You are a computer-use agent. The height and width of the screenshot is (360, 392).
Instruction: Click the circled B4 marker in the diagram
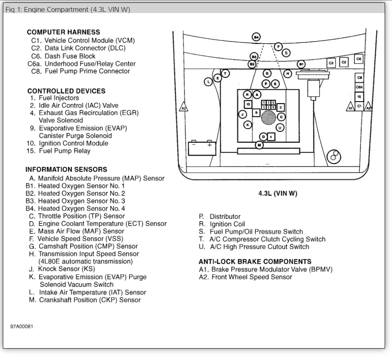256,37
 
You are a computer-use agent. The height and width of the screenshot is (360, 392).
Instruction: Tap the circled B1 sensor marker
301,64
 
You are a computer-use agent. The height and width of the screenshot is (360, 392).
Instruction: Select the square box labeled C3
331,63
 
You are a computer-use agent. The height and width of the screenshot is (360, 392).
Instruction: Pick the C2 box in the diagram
344,62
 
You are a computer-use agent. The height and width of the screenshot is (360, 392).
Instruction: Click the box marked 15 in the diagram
359,97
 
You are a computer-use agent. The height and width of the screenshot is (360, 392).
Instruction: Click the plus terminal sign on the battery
210,144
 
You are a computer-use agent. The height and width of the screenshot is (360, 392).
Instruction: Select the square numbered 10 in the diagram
248,104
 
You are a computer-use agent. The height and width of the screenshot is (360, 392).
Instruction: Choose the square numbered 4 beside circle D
271,136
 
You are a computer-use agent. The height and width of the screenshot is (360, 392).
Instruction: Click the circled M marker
259,145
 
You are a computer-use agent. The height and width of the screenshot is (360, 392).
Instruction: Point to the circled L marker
208,82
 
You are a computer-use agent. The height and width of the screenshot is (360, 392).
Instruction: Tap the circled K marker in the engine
248,124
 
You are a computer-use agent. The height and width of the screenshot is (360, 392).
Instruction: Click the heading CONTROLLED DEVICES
66,91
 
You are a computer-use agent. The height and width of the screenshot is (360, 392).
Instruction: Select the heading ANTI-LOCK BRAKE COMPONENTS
255,262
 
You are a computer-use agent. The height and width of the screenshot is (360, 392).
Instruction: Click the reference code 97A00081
22,327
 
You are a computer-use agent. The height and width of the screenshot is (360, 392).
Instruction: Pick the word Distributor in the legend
225,217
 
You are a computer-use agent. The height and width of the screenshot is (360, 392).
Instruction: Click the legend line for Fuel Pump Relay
64,151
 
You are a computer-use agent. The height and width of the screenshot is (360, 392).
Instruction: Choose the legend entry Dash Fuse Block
70,56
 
